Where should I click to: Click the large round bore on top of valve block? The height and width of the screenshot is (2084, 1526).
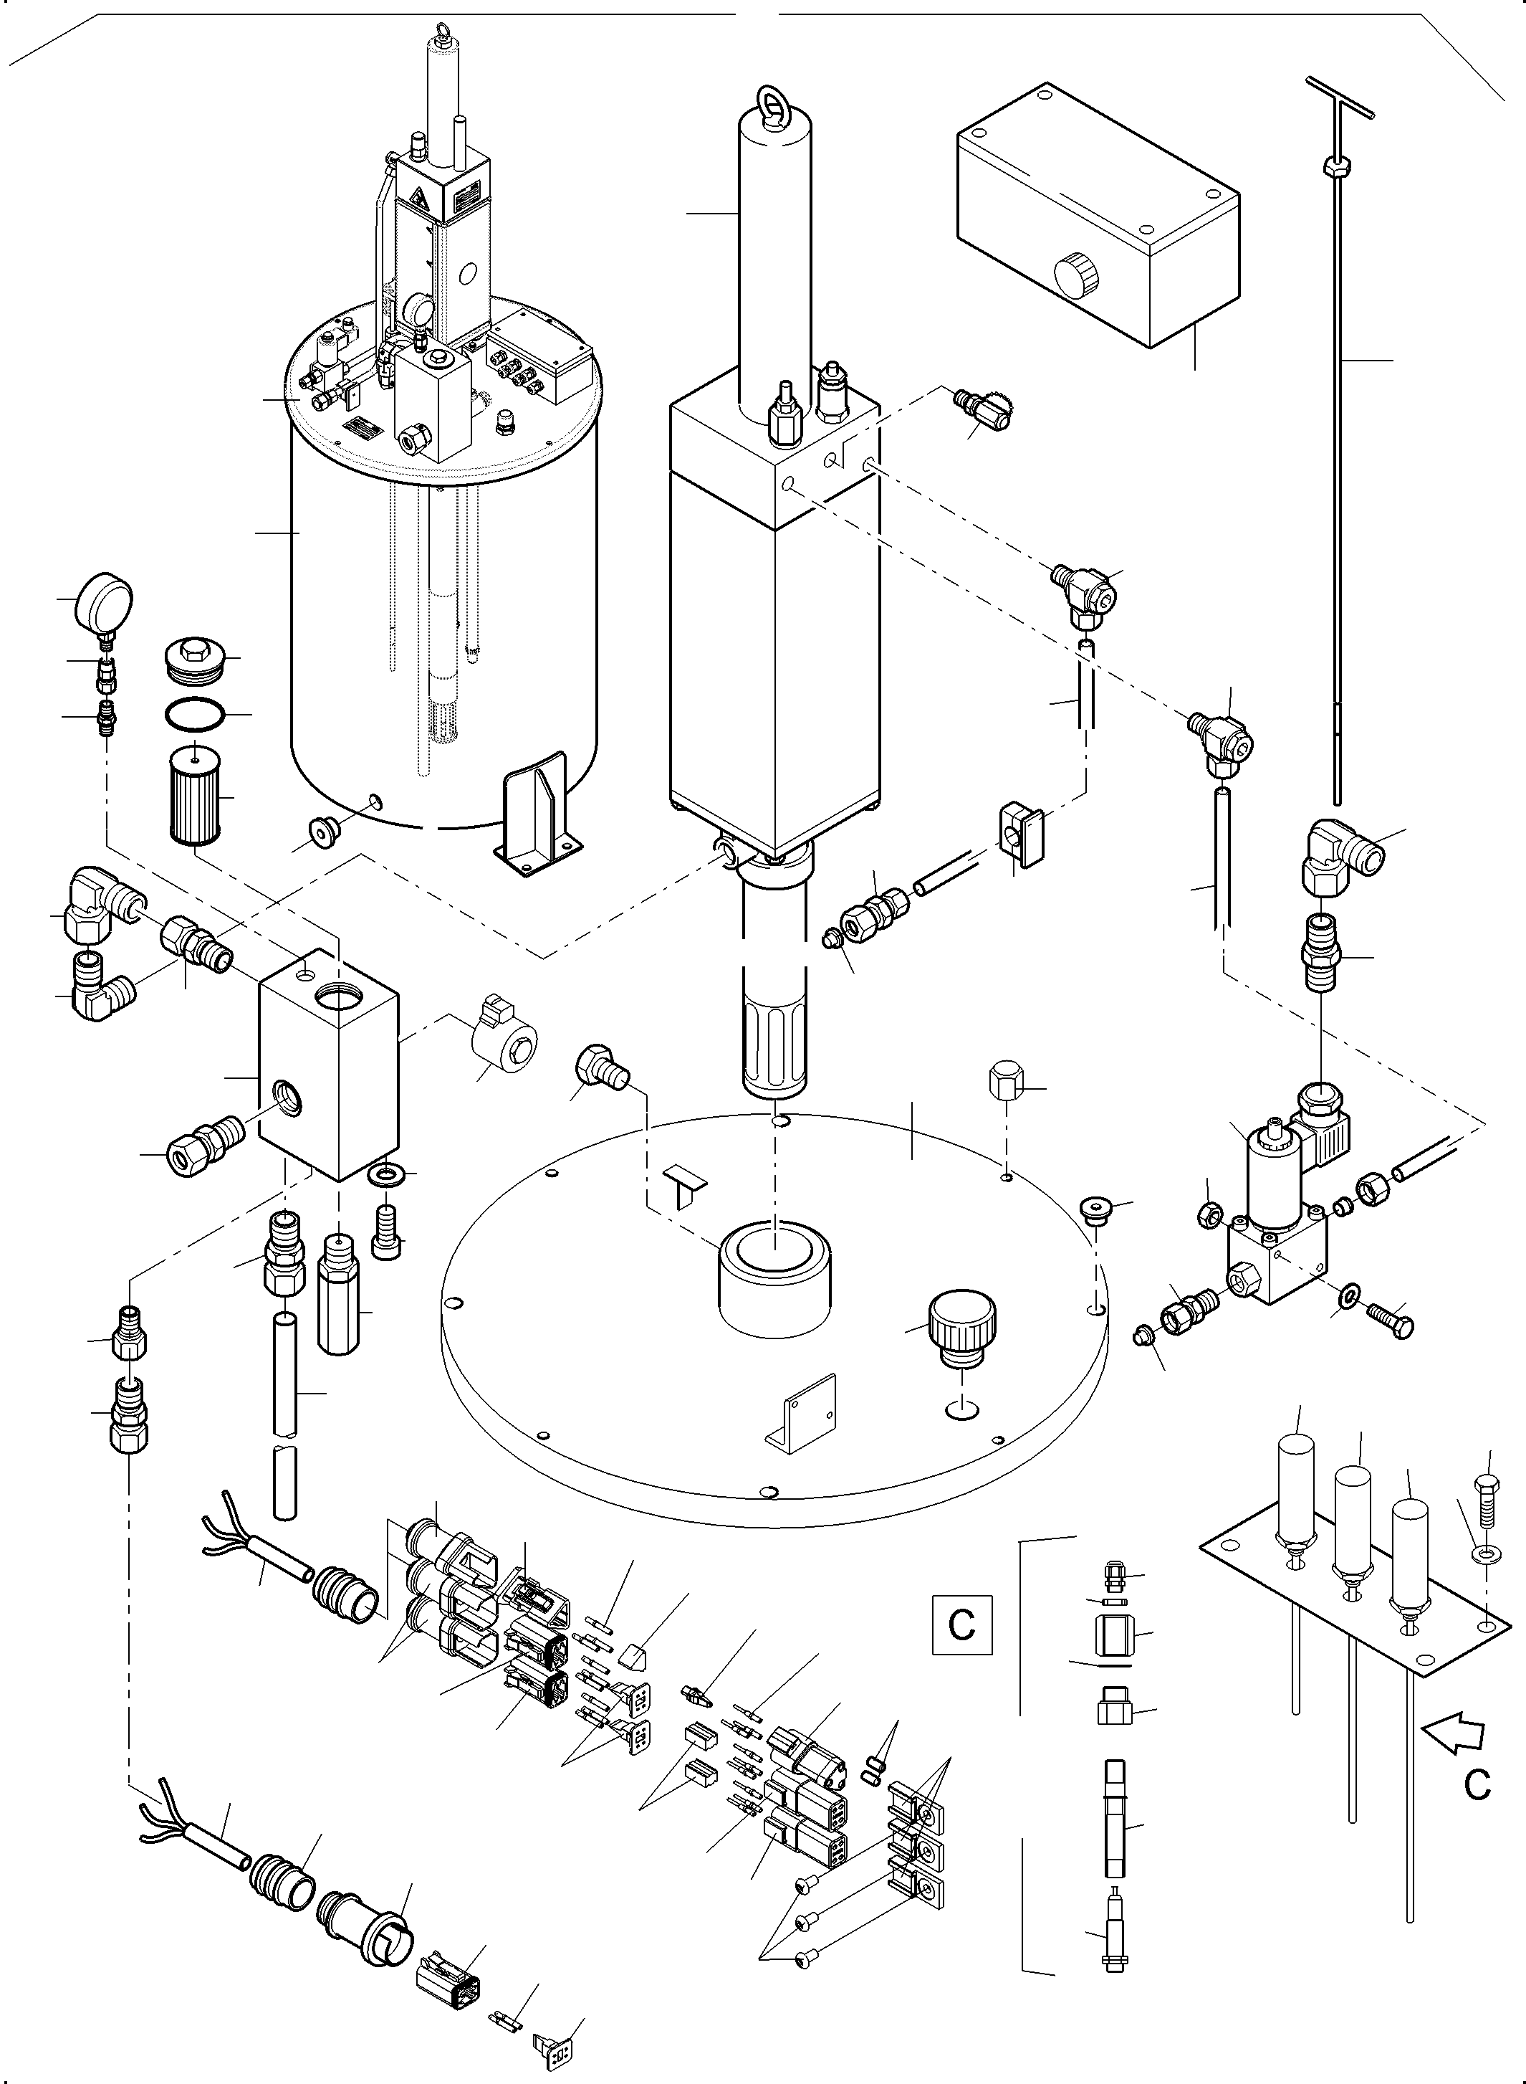341,998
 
